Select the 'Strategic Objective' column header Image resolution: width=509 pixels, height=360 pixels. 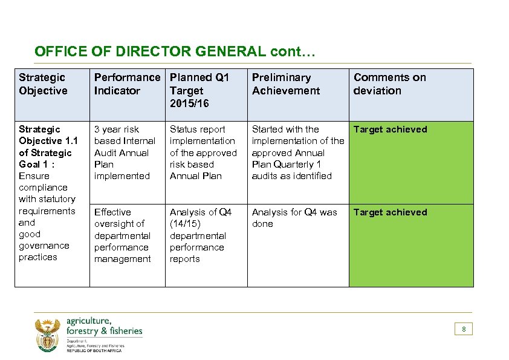click(x=42, y=84)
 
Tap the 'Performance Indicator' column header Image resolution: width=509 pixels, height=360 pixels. click(x=127, y=84)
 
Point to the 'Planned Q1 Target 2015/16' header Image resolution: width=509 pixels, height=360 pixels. click(x=199, y=90)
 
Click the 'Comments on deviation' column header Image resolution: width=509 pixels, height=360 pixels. click(x=389, y=84)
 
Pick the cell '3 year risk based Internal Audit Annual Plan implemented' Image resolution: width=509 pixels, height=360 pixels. click(x=125, y=152)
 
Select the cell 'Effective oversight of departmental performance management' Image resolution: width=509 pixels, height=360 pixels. click(x=122, y=235)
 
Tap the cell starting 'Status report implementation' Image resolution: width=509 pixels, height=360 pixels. click(x=203, y=152)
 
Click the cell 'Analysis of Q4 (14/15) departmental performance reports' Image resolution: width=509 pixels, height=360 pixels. click(x=200, y=235)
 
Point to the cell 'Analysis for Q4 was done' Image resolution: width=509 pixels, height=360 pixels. click(x=294, y=218)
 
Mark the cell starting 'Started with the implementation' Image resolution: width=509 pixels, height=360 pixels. click(x=297, y=152)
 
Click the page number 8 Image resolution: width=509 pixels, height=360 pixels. click(x=464, y=329)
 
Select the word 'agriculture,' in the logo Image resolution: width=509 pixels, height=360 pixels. click(x=89, y=321)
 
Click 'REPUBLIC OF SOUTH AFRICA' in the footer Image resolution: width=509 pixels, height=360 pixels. click(x=94, y=351)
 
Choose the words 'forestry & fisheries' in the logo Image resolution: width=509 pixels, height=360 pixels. click(x=105, y=331)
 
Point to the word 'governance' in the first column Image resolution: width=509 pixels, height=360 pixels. click(x=44, y=246)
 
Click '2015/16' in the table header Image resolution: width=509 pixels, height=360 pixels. click(x=189, y=103)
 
